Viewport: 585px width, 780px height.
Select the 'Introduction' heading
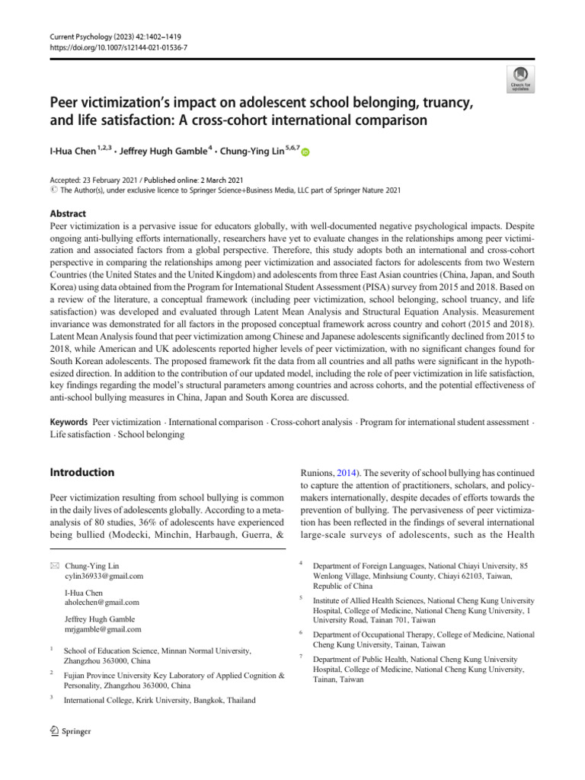click(82, 472)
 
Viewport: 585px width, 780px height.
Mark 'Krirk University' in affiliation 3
click(153, 699)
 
